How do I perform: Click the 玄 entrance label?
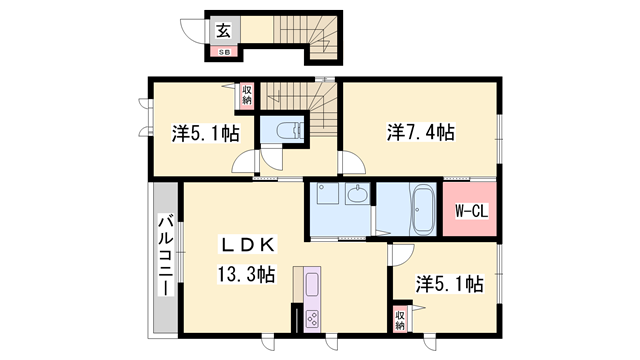(x=221, y=30)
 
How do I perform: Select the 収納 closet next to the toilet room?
(x=247, y=95)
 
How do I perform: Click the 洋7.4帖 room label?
(x=420, y=131)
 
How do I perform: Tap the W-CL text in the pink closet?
(x=470, y=210)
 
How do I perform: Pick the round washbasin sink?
(x=358, y=195)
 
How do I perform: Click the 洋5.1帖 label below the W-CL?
(x=449, y=285)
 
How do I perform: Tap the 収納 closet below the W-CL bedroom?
(x=400, y=320)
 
